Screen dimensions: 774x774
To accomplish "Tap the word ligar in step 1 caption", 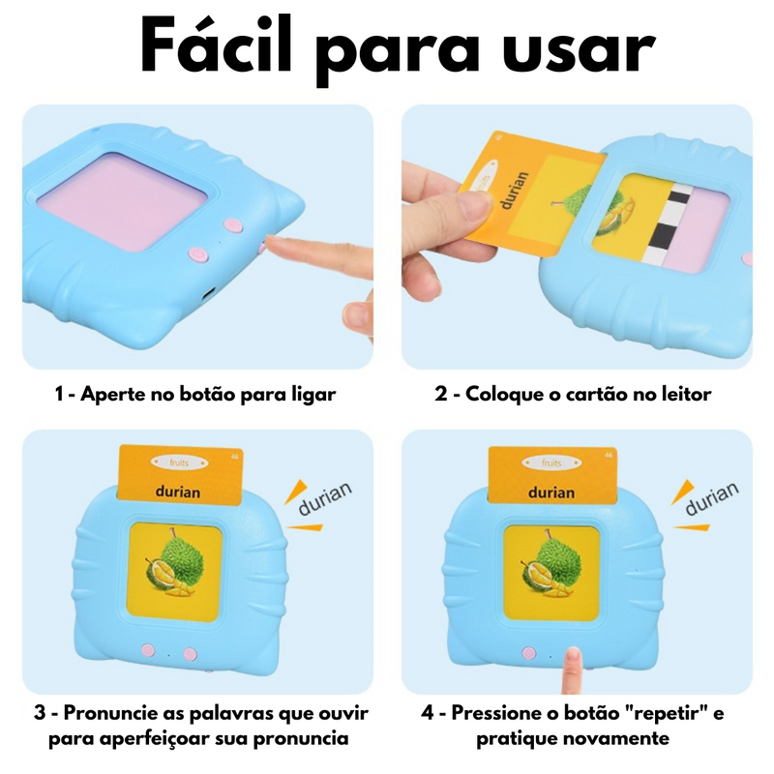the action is pyautogui.click(x=312, y=396).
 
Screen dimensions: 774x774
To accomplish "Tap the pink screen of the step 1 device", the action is pyautogui.click(x=122, y=199).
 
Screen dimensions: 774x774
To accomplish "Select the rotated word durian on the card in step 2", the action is pyautogui.click(x=514, y=191).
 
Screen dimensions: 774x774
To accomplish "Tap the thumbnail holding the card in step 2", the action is pyautogui.click(x=472, y=206).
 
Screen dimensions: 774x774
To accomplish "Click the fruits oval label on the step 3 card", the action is pyautogui.click(x=179, y=462).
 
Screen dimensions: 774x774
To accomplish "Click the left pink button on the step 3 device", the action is pyautogui.click(x=148, y=650).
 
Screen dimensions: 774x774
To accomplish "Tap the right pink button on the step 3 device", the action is pyautogui.click(x=190, y=655).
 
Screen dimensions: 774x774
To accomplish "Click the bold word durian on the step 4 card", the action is pyautogui.click(x=551, y=492).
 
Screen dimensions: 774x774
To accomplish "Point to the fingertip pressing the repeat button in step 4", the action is pyautogui.click(x=573, y=658).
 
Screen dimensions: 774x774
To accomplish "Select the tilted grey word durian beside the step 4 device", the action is pyautogui.click(x=712, y=497).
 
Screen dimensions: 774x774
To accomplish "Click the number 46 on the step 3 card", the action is pyautogui.click(x=234, y=457).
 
